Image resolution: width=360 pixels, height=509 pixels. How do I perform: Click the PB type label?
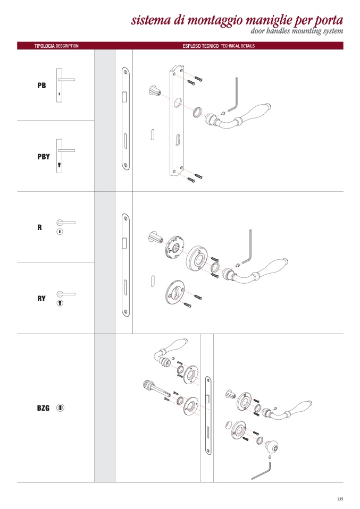pyautogui.click(x=41, y=86)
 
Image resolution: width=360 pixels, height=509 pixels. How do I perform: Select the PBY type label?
pyautogui.click(x=44, y=157)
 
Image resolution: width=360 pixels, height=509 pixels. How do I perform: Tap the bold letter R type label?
pyautogui.click(x=40, y=227)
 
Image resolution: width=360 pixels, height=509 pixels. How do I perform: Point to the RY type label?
pyautogui.click(x=41, y=299)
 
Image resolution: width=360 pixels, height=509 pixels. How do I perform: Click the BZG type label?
pyautogui.click(x=43, y=408)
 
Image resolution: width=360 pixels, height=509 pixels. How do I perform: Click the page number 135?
pyautogui.click(x=340, y=499)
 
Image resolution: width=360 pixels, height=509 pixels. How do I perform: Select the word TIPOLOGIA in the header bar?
pyautogui.click(x=45, y=46)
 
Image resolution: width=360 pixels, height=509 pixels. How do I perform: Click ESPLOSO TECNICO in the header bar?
pyautogui.click(x=200, y=46)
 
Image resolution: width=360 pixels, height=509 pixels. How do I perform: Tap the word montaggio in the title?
pyautogui.click(x=215, y=21)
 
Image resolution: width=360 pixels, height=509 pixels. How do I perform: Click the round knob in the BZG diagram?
pyautogui.click(x=271, y=446)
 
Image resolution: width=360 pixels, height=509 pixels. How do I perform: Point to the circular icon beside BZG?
pyautogui.click(x=61, y=408)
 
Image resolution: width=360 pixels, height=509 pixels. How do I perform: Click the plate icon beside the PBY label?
pyautogui.click(x=60, y=156)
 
